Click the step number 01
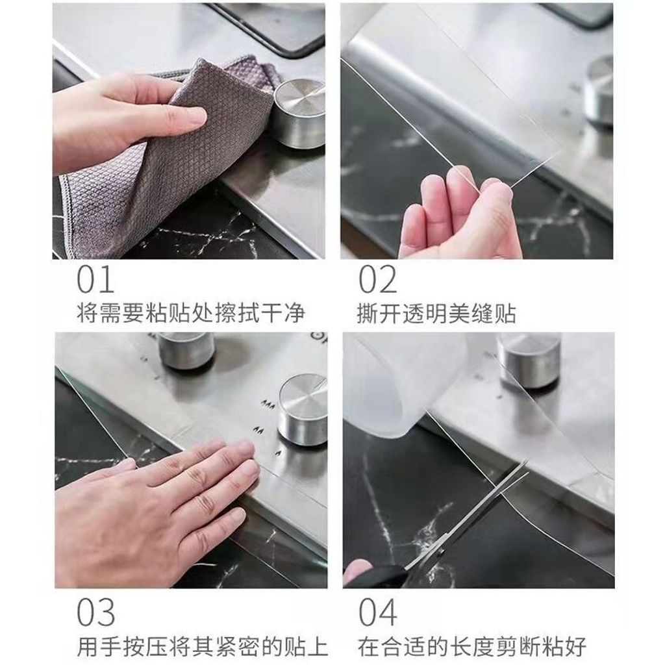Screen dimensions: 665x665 pos(95,279)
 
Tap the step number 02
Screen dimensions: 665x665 pos(378,279)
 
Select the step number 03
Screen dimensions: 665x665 pos(95,612)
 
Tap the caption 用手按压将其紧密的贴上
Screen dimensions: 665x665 pos(203,647)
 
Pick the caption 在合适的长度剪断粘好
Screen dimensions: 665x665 pos(472,647)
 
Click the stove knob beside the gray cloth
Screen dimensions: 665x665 pos(299,113)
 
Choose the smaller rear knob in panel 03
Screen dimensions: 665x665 pos(186,350)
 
